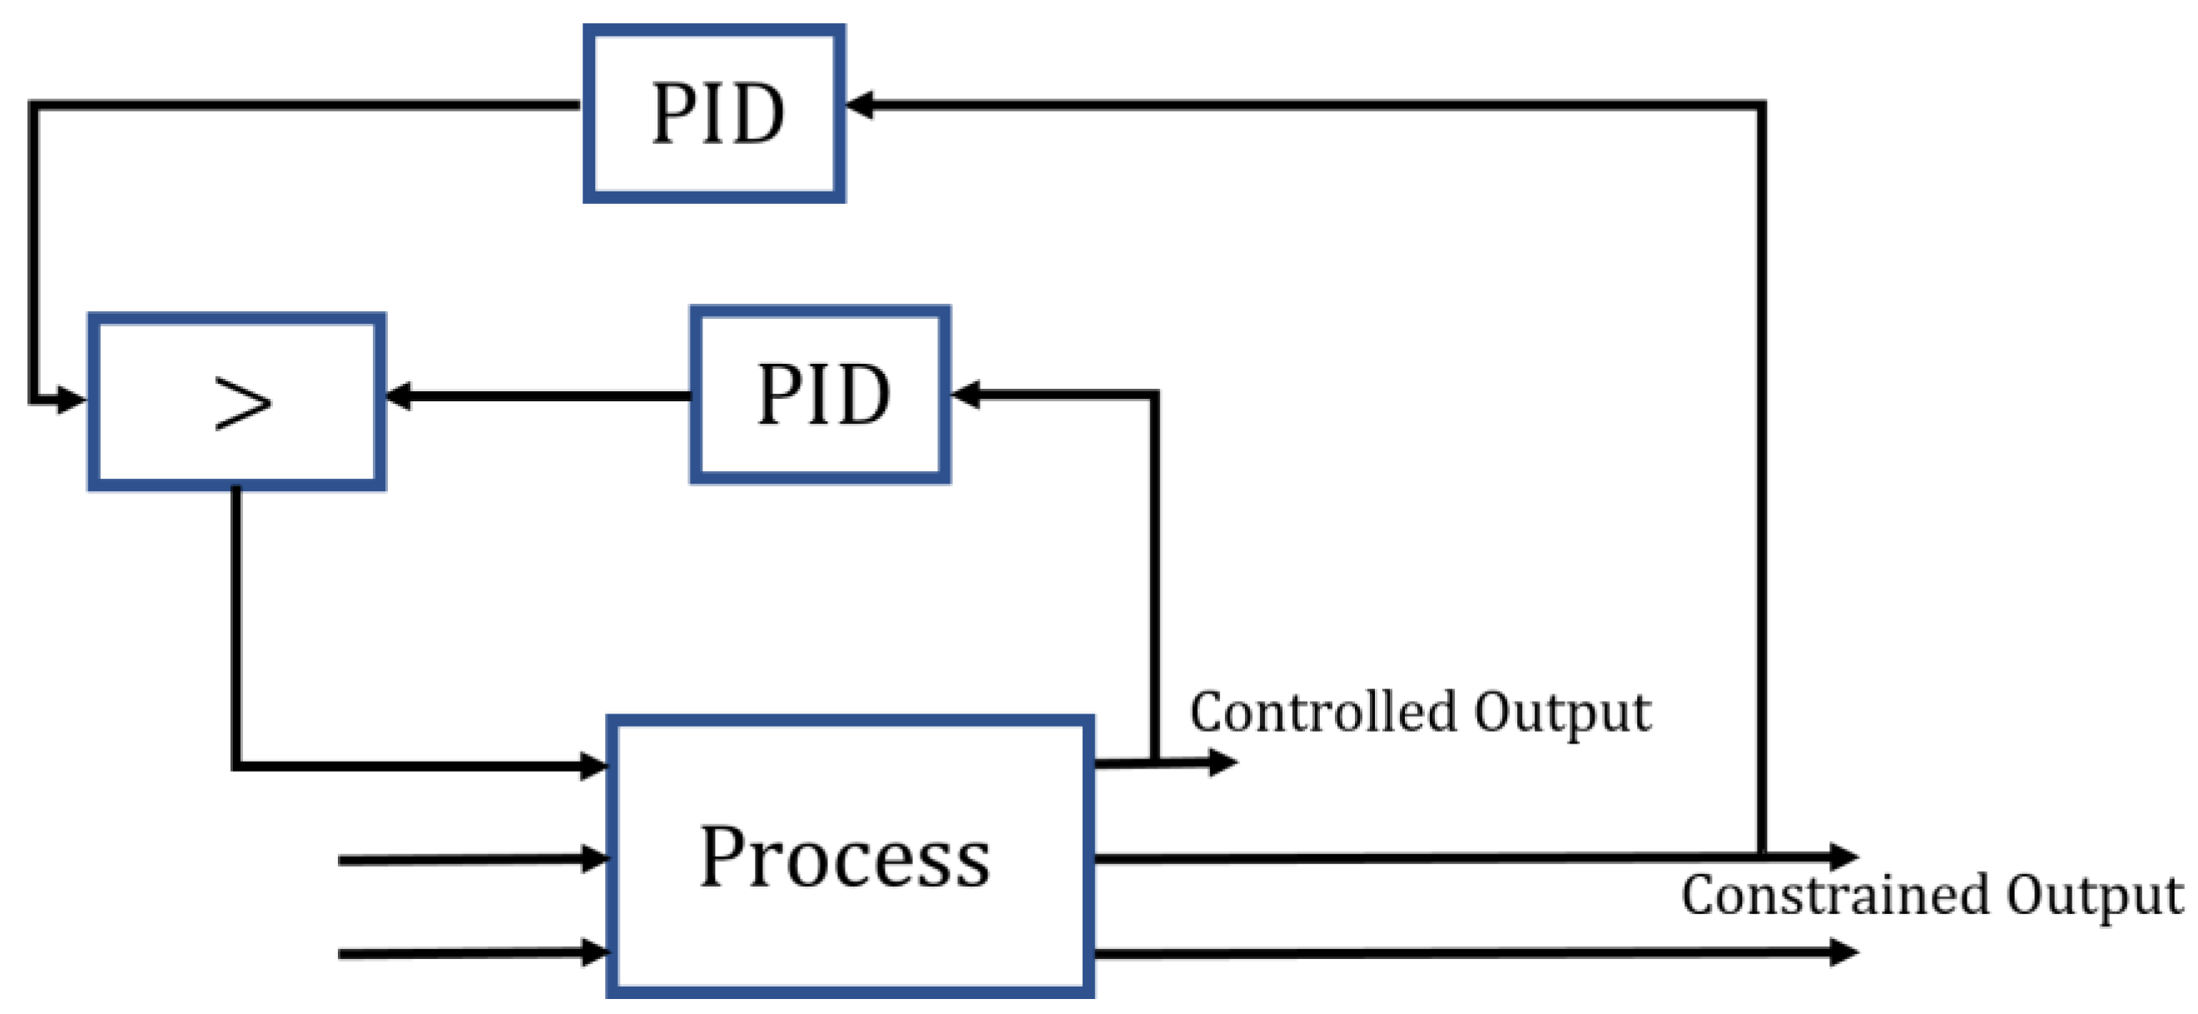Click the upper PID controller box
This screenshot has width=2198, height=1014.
714,113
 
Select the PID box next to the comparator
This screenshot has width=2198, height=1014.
820,395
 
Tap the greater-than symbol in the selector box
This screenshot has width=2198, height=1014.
242,403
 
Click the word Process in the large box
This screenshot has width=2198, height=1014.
845,857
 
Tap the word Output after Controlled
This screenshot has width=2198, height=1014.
1561,713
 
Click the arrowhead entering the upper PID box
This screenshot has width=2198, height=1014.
860,105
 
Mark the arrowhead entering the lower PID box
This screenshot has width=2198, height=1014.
965,395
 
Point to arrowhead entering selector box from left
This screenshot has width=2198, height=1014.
72,399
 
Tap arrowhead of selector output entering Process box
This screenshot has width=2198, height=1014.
594,766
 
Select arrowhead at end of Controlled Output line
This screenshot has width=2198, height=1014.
1223,762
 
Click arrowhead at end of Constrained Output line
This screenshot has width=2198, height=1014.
1845,855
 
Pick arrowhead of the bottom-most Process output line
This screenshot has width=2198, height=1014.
1845,951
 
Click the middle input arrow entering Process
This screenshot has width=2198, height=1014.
594,858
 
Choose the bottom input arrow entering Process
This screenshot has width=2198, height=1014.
594,952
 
